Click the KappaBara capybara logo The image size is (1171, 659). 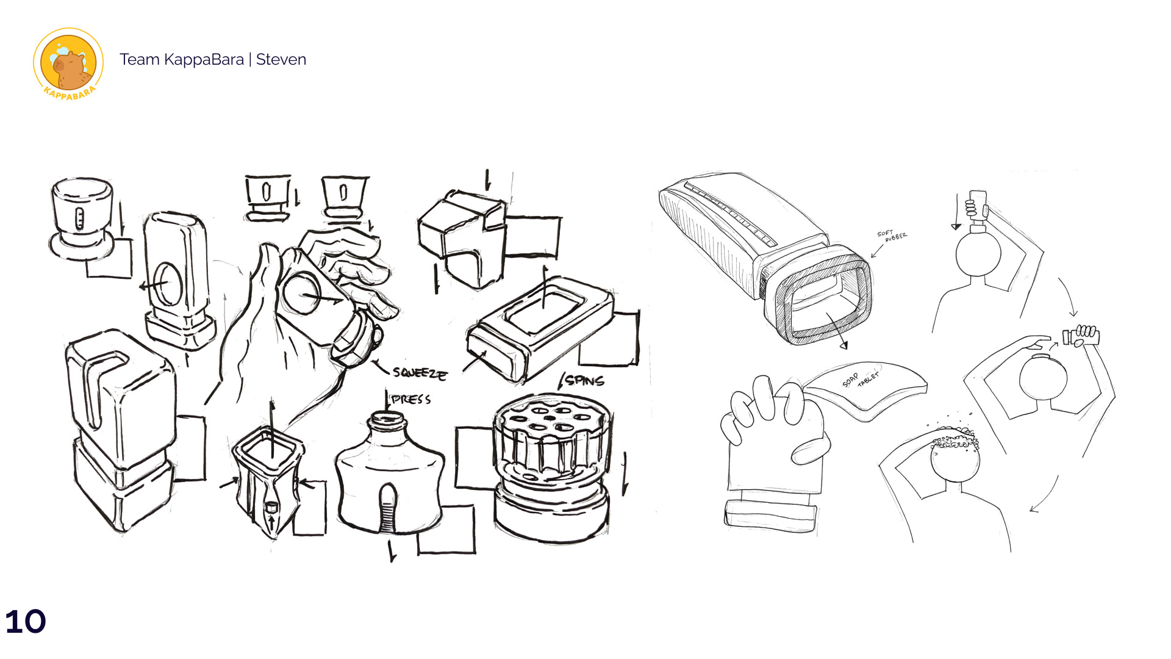(68, 63)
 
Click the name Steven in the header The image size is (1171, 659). (281, 59)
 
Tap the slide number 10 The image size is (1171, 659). (26, 621)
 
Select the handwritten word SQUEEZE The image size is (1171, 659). (420, 373)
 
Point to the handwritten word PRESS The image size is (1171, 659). (411, 400)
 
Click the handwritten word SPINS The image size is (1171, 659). (584, 381)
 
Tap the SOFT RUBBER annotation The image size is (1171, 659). (892, 236)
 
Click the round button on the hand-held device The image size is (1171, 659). (302, 293)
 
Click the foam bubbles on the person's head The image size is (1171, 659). (954, 438)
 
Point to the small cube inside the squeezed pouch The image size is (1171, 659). (271, 506)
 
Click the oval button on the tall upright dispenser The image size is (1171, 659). (165, 284)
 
